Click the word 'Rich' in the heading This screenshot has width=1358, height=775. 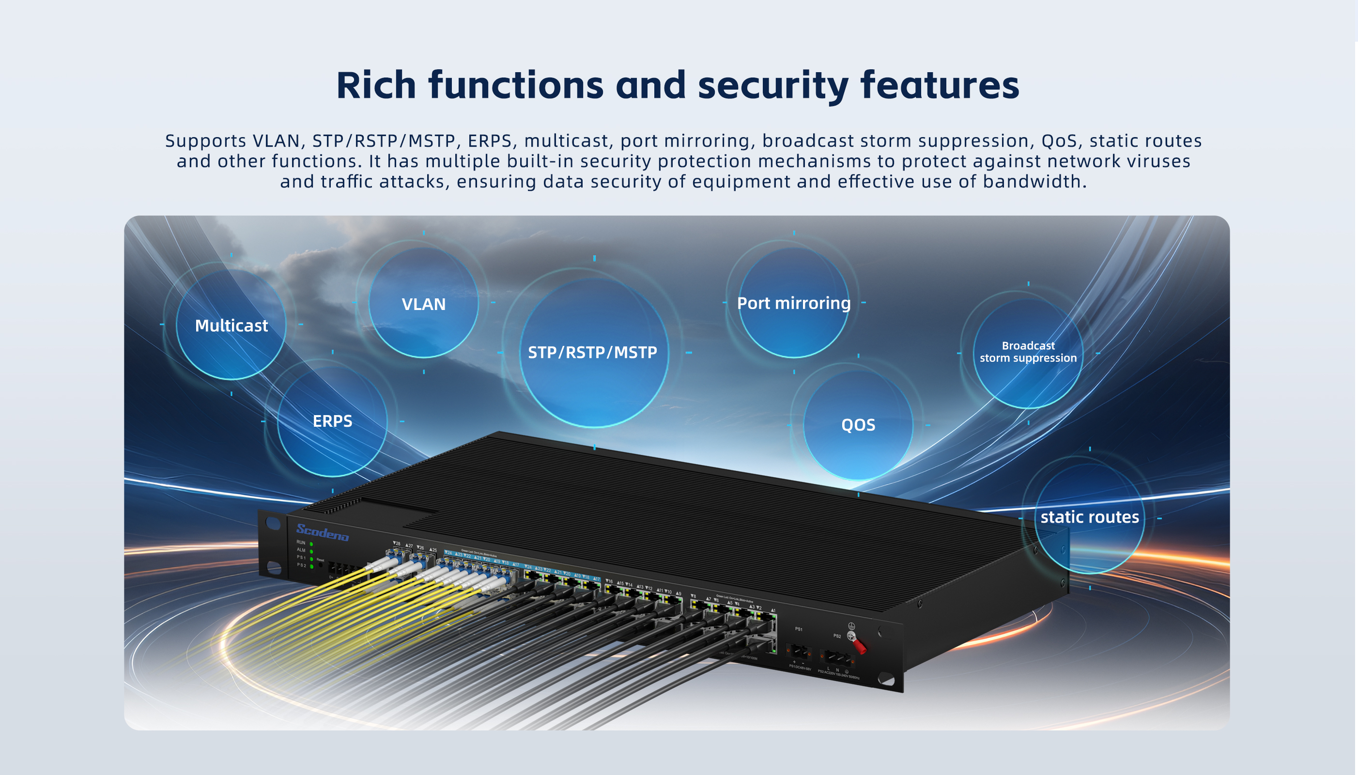[376, 85]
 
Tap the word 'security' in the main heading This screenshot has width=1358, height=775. [772, 85]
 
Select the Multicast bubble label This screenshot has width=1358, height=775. [231, 325]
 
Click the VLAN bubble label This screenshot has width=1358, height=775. [424, 304]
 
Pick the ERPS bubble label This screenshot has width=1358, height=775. [333, 421]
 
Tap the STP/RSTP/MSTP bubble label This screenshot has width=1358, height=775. [592, 352]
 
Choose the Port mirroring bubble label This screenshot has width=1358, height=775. [793, 303]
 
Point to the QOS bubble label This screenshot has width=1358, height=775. [858, 425]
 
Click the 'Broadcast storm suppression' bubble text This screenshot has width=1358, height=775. [1028, 352]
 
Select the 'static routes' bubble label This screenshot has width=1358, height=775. [1089, 517]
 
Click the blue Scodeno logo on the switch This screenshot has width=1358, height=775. [323, 532]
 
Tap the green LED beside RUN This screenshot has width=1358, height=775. [311, 544]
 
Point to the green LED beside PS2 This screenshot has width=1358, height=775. [311, 566]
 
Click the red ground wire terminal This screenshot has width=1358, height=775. [857, 645]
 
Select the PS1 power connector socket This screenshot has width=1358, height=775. [798, 651]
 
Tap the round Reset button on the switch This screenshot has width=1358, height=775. [320, 565]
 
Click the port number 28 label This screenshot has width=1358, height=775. [397, 543]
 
